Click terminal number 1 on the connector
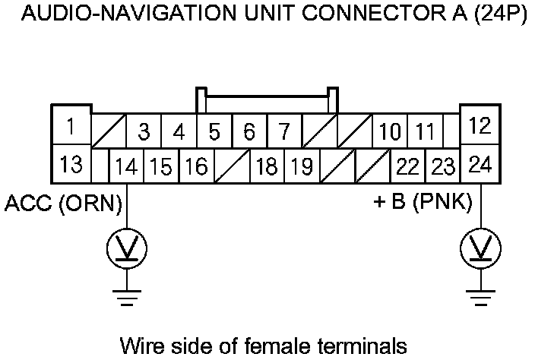(x=71, y=125)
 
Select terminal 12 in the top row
(x=480, y=125)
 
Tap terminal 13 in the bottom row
(x=71, y=163)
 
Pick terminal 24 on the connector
(x=480, y=163)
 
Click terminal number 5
(x=214, y=132)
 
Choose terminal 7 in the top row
(x=283, y=132)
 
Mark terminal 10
(x=390, y=132)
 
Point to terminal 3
(x=144, y=132)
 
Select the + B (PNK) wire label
(x=423, y=204)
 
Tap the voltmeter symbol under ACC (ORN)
(x=126, y=248)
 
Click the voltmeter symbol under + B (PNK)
(x=480, y=248)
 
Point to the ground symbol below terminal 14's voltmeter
(x=126, y=297)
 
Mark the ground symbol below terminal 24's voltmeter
(x=480, y=297)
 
